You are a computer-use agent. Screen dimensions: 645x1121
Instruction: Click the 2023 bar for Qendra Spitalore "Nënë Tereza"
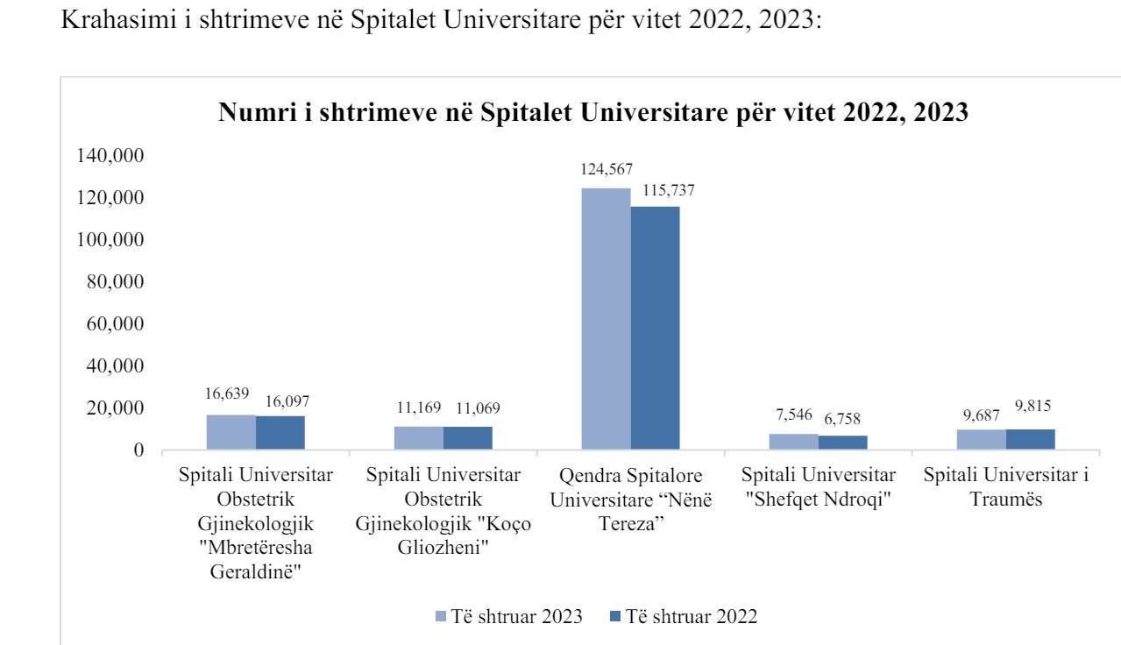pos(607,319)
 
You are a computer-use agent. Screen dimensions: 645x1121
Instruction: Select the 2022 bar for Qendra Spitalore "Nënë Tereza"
pos(656,328)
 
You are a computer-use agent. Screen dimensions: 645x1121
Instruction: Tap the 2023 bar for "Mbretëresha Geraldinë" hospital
pos(231,433)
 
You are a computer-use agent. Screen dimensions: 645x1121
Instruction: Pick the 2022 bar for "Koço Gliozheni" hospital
pos(468,438)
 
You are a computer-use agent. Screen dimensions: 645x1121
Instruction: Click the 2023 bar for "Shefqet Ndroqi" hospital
pos(794,442)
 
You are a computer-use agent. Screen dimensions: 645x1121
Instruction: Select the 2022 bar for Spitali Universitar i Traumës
pos(1031,440)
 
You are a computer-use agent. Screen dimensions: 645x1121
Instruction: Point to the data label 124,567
pos(607,170)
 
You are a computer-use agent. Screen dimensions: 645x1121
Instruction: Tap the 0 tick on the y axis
pos(138,450)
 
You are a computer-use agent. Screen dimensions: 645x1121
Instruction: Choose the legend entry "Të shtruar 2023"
pos(509,616)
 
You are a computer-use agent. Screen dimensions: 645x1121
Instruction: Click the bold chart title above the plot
pos(593,112)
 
